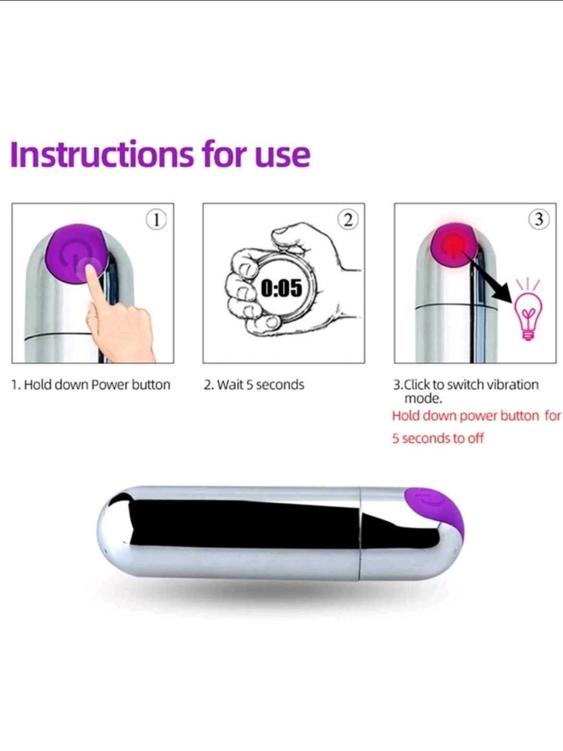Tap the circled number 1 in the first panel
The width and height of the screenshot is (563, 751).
click(x=157, y=220)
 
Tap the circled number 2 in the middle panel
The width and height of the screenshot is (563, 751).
click(x=348, y=220)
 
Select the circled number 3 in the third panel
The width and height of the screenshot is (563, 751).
click(x=539, y=220)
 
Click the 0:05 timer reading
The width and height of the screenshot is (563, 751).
click(x=282, y=287)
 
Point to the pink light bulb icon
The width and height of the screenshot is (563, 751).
click(x=529, y=311)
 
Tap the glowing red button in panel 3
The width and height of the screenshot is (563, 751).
click(x=454, y=244)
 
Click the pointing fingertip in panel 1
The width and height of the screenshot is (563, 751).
click(x=90, y=269)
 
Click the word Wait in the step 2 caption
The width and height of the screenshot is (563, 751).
click(x=230, y=385)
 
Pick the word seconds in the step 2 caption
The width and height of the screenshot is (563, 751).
click(x=280, y=385)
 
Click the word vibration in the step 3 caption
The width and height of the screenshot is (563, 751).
click(x=513, y=385)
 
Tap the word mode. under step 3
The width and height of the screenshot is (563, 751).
click(x=423, y=398)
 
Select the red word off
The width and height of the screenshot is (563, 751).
click(x=475, y=438)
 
